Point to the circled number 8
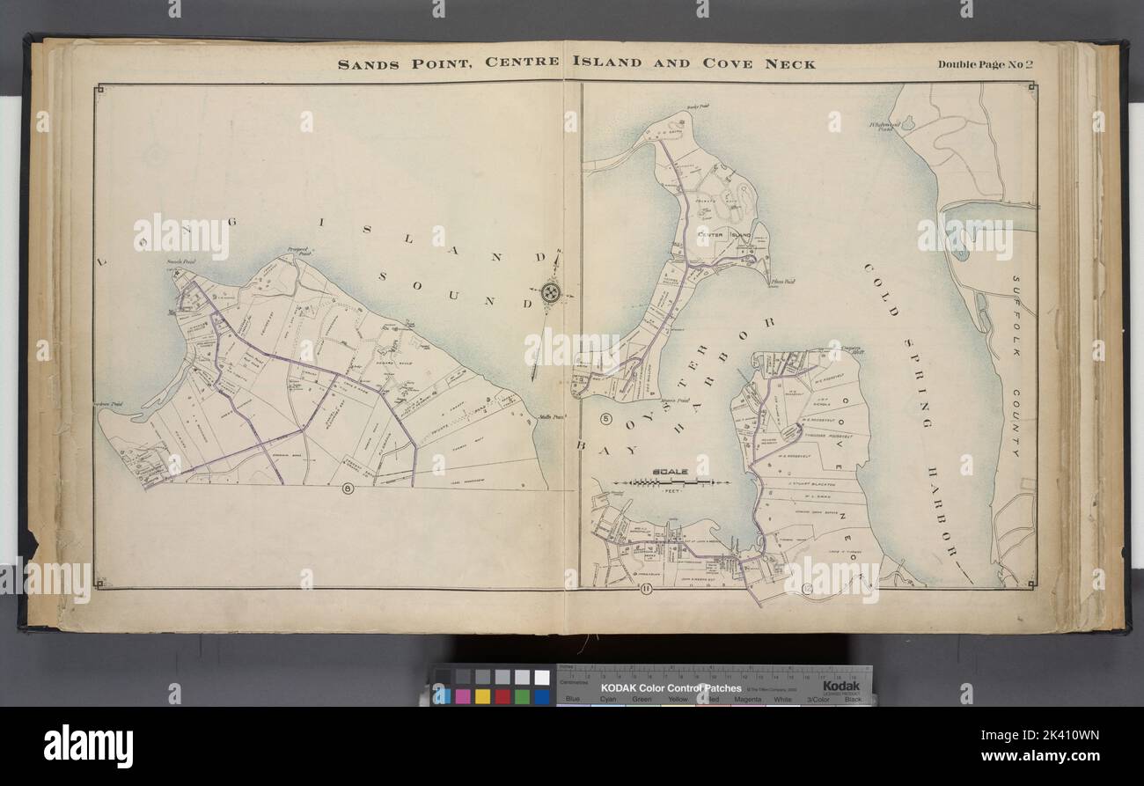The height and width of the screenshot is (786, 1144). pos(348,490)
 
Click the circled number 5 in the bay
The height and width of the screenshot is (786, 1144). pos(606,417)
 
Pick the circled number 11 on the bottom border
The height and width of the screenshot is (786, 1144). pos(645,590)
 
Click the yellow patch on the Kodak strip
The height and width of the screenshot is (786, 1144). pos(482,696)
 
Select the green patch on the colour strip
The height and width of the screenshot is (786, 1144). pos(522,696)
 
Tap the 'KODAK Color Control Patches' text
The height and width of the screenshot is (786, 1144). pos(671,687)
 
